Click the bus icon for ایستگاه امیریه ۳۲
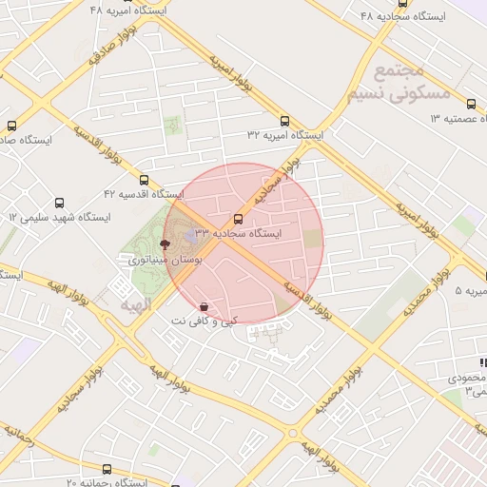pyautogui.click(x=285, y=121)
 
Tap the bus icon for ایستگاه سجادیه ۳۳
pyautogui.click(x=238, y=218)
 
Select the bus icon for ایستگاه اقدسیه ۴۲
pyautogui.click(x=145, y=180)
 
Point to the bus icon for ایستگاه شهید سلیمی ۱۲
pyautogui.click(x=60, y=203)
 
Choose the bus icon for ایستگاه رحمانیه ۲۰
pyautogui.click(x=107, y=469)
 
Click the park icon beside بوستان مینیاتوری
pyautogui.click(x=165, y=243)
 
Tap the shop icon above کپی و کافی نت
pyautogui.click(x=205, y=306)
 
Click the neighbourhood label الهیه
pyautogui.click(x=136, y=304)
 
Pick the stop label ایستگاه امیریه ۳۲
pyautogui.click(x=284, y=136)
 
